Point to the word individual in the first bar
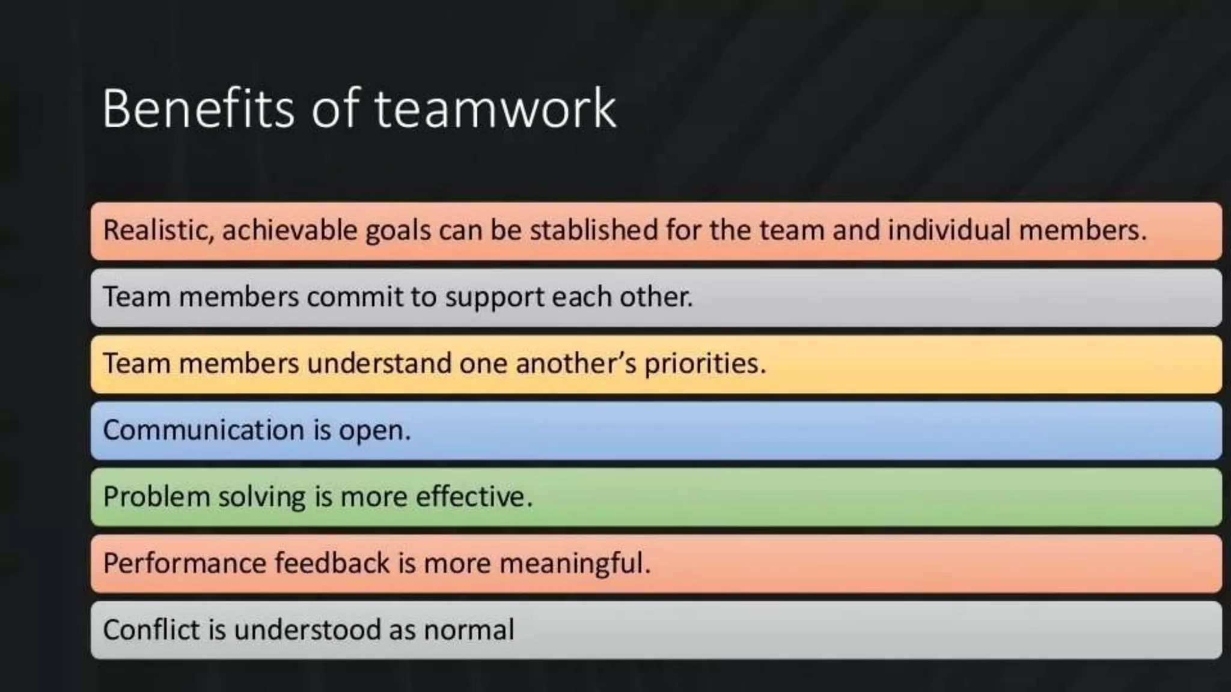[948, 231]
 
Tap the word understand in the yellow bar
[379, 364]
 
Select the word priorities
[705, 364]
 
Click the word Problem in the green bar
[156, 497]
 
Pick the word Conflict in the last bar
[151, 630]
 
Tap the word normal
[469, 630]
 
